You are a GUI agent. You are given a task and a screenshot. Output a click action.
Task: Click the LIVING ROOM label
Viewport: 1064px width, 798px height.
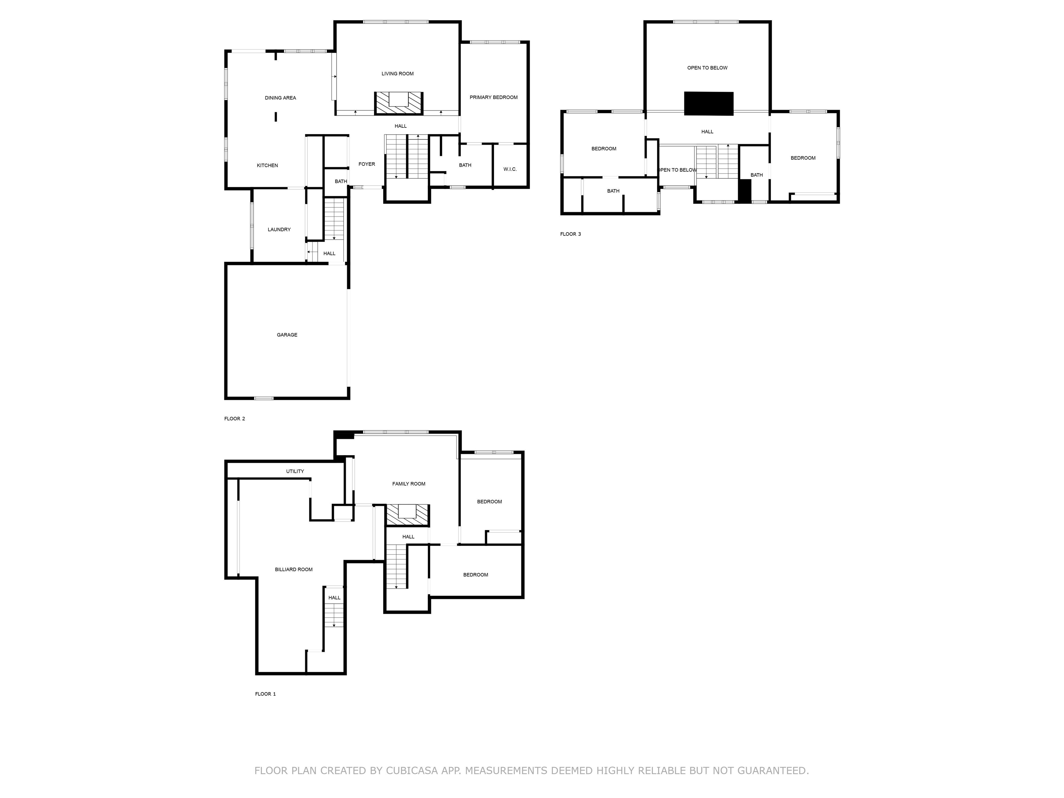397,73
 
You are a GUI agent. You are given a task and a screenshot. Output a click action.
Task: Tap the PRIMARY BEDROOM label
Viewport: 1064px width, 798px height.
494,97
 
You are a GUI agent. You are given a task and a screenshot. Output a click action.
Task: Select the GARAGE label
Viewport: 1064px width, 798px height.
287,335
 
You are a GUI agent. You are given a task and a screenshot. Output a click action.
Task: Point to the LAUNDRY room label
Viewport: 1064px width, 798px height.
279,229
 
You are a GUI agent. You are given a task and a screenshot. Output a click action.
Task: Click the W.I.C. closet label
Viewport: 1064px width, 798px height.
510,169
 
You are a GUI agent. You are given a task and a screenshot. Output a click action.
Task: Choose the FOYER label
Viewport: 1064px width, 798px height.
366,164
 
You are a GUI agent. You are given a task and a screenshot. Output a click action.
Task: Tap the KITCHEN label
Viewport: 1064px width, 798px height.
267,166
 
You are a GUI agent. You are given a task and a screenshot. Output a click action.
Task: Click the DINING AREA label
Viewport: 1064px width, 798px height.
281,98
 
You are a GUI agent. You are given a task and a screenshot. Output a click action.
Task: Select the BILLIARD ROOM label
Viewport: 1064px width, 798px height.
294,569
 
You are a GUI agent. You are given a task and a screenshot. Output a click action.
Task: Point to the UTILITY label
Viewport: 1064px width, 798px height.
295,471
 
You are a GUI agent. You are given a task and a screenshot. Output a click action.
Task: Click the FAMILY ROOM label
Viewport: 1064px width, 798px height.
409,484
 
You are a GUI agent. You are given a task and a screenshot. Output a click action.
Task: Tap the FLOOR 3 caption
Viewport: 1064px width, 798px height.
570,234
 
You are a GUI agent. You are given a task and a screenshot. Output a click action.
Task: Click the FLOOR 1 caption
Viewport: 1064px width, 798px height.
266,694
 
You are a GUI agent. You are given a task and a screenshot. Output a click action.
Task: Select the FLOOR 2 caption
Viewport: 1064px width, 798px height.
235,419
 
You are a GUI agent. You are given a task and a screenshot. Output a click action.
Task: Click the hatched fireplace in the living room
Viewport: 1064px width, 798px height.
399,103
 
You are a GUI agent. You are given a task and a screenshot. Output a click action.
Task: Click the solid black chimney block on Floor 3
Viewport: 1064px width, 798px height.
709,104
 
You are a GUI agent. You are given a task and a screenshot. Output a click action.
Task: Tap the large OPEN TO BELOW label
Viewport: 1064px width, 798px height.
707,68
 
